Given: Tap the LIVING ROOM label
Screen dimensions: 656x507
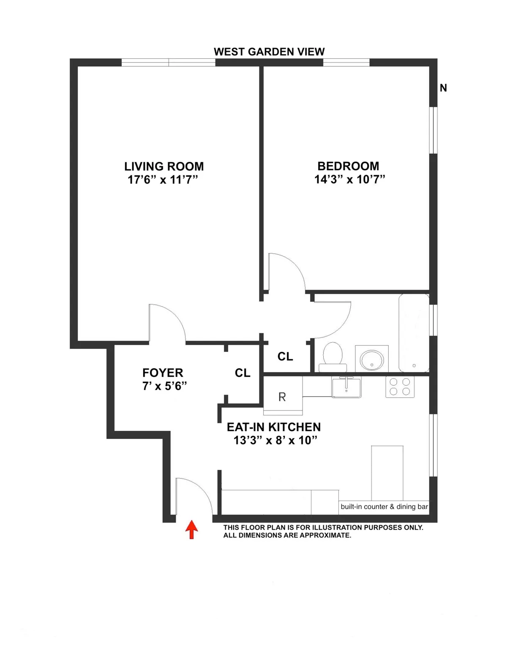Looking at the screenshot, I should coord(164,166).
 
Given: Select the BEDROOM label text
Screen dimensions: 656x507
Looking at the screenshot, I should coord(348,166).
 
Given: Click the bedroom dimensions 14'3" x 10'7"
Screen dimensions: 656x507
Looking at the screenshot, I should coord(349,180).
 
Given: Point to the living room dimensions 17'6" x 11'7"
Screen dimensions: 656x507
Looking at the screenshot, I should coord(163,180).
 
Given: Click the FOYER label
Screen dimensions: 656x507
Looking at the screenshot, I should coord(163,373).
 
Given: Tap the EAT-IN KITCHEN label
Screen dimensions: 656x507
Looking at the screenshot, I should coord(274,427).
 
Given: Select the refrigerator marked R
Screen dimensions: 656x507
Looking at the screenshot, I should coord(282,397).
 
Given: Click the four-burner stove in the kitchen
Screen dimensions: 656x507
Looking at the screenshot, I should coord(400,387).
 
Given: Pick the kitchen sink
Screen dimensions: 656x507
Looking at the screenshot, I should coord(346,387).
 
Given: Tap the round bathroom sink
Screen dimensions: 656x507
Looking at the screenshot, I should coord(371,359).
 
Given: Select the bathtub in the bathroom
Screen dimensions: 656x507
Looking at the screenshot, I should coord(414,333).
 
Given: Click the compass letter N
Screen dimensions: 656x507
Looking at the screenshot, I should coord(443,88).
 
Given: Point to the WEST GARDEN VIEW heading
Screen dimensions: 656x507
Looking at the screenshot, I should coord(269,52).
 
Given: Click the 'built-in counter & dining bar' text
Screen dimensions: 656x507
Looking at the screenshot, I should coord(384,506).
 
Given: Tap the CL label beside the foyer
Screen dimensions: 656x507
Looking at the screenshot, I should coord(243,373).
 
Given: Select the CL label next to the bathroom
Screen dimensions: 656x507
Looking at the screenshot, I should coord(285,357).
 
